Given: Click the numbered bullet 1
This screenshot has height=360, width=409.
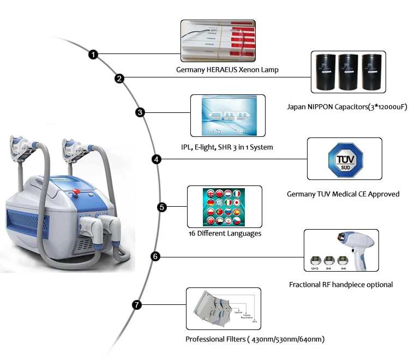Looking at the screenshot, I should click(94, 55).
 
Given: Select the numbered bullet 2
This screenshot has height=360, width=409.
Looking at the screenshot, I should click(119, 79).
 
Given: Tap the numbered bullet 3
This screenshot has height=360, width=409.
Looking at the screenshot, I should click(140, 113).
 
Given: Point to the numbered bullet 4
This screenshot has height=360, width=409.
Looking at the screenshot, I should click(157, 159).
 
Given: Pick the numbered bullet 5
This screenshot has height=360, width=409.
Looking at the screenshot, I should click(161, 207).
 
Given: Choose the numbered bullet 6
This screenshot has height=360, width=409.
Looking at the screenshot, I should click(155, 256).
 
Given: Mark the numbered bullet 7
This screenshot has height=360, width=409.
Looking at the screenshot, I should click(136, 305).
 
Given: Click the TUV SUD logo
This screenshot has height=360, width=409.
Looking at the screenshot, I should click(344, 159).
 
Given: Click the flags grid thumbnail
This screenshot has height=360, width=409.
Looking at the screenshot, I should click(225, 206).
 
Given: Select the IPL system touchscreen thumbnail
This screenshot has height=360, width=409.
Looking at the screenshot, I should click(227, 115).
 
